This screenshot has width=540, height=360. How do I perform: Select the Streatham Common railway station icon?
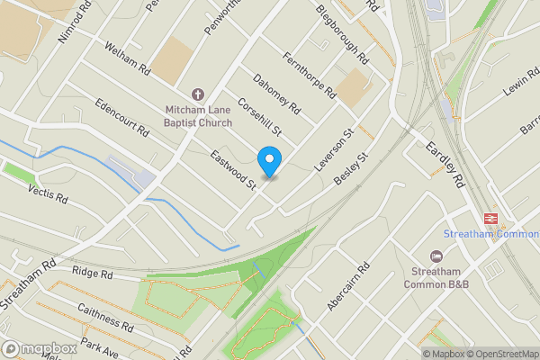[491, 218]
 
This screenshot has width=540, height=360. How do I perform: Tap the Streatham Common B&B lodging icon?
[436, 257]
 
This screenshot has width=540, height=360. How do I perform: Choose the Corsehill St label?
[260, 118]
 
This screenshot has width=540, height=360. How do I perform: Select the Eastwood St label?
[234, 171]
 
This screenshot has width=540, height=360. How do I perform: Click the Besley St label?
[353, 169]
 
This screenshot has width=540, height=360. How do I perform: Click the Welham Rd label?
[125, 58]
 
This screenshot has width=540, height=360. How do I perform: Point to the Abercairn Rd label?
[349, 287]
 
